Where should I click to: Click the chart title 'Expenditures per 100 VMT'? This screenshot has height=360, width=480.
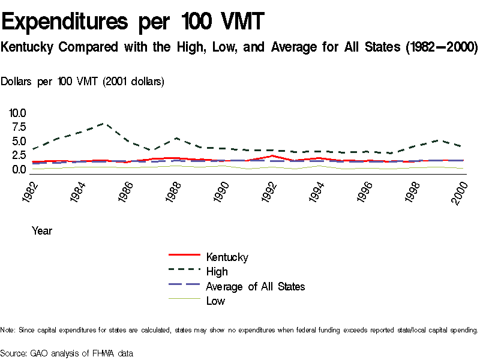pos(133,22)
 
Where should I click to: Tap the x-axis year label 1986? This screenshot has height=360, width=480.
pos(123,191)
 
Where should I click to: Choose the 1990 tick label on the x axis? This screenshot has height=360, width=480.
pos(221,191)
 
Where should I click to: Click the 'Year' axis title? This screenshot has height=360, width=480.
pos(42,231)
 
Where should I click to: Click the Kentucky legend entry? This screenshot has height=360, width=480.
pos(227,257)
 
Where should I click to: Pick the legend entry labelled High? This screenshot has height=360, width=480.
pos(217,272)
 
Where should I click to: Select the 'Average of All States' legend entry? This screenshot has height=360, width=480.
pos(255,286)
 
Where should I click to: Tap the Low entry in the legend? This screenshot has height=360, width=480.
pos(215,301)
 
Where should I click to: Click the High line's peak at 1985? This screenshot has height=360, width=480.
pos(104,124)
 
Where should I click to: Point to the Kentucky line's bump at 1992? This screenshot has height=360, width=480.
pos(272,156)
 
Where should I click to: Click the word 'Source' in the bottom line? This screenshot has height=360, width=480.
pos(13,353)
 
